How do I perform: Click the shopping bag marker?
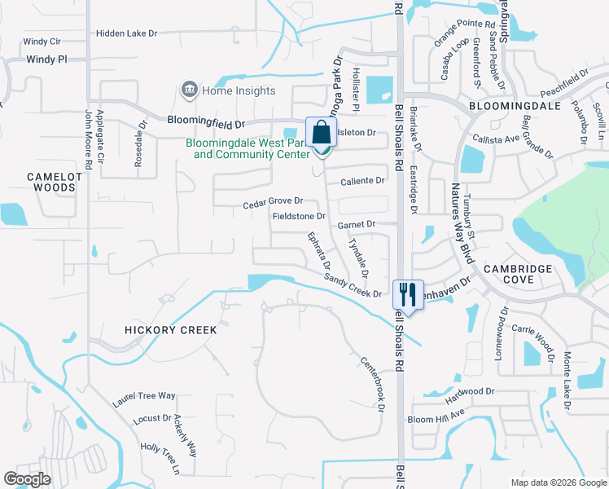[x=321, y=133]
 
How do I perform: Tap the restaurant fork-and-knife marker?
[x=405, y=293]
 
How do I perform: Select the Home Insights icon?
[x=190, y=90]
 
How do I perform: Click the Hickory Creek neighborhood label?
[x=171, y=330]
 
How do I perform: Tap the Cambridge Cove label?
[x=519, y=274]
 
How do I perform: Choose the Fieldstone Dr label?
[x=298, y=217]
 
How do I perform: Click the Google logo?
[x=27, y=479]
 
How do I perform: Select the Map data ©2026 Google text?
[x=558, y=482]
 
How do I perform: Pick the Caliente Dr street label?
[x=361, y=180]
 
